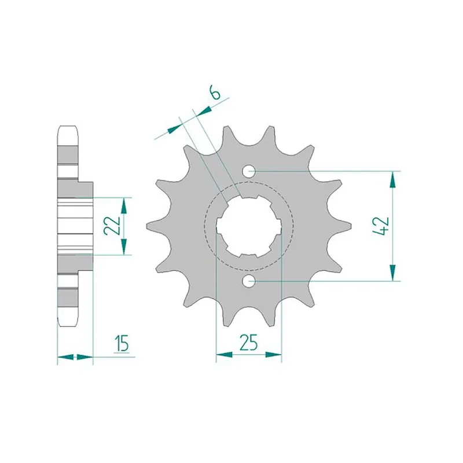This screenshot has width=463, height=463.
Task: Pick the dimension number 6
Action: point(215,93)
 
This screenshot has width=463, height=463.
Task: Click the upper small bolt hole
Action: point(249,171)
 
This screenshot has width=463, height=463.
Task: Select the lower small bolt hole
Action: point(249,281)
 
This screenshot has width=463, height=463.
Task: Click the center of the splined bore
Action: point(249,226)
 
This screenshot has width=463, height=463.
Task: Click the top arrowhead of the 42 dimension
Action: point(394,179)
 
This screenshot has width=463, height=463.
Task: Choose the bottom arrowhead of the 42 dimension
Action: point(394,273)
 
